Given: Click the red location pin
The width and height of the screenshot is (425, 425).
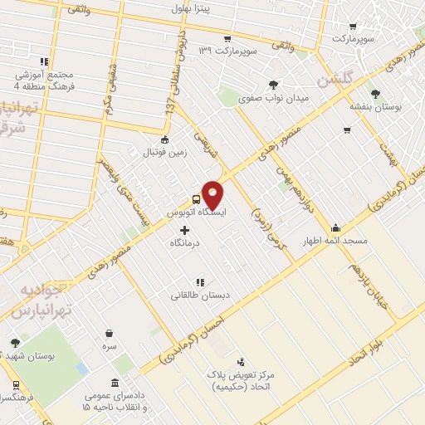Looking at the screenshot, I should pos(213,193).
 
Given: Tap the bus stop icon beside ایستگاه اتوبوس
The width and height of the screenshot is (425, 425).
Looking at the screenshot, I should pos(196,200).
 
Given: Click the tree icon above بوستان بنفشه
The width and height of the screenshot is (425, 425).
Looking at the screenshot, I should pos(376,94).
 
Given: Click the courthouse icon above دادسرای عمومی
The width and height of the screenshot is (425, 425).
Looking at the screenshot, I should pos(113,383).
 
